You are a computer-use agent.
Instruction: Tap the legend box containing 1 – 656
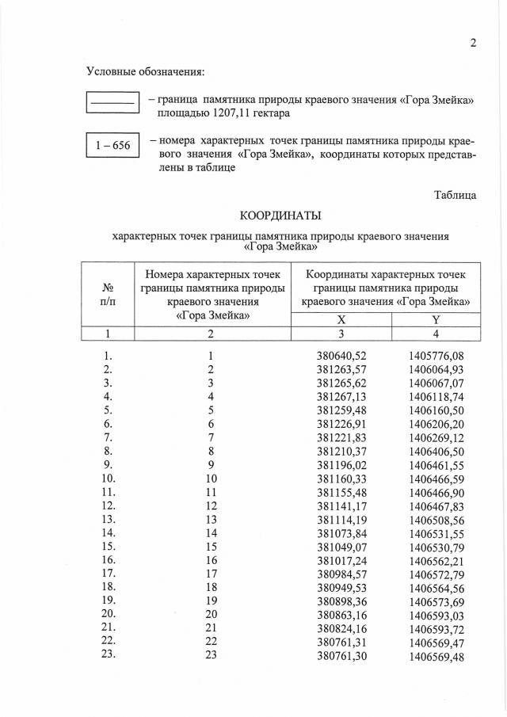click(x=112, y=146)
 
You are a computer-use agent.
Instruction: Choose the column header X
click(x=341, y=319)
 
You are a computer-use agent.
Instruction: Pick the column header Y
click(x=435, y=319)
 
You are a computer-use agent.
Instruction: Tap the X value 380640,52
click(x=341, y=356)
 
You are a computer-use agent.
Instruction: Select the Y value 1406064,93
click(x=436, y=369)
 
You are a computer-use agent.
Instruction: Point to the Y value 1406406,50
click(x=436, y=451)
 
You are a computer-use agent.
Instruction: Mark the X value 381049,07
click(x=341, y=546)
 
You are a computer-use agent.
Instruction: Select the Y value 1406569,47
click(x=436, y=641)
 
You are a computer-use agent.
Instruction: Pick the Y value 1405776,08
click(x=436, y=356)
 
